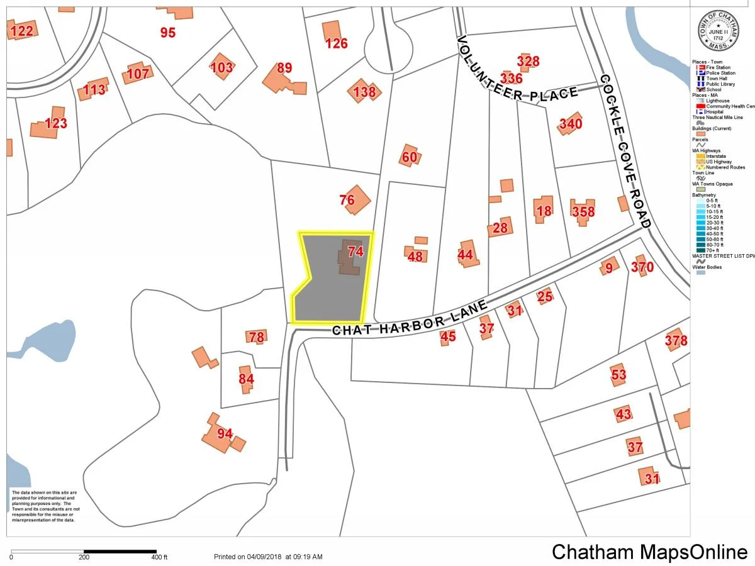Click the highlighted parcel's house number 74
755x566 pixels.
(355, 252)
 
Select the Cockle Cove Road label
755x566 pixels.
(623, 151)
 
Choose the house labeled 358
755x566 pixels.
(583, 211)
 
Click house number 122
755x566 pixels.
(21, 30)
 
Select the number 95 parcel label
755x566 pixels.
(167, 33)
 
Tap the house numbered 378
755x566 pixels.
(676, 341)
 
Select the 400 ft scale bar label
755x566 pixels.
(160, 557)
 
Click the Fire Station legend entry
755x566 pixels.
(718, 67)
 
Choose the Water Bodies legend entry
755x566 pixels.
(707, 267)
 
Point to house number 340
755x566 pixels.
(571, 124)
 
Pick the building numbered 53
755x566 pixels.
(619, 375)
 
